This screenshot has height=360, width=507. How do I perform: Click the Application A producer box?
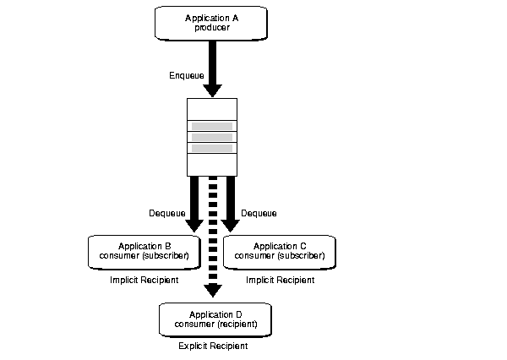click(211, 22)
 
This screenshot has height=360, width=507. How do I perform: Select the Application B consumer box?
click(144, 249)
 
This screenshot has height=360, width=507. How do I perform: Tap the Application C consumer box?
click(279, 249)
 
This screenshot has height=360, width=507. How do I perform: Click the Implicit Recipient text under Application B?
click(144, 279)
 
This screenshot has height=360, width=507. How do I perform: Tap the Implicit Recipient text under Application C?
click(279, 279)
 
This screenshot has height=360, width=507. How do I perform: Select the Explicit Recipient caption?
click(213, 346)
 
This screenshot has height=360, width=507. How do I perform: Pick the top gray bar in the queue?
click(212, 126)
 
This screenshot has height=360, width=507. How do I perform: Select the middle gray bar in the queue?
click(212, 137)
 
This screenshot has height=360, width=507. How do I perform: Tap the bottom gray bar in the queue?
click(212, 148)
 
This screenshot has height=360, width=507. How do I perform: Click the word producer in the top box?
click(211, 27)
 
